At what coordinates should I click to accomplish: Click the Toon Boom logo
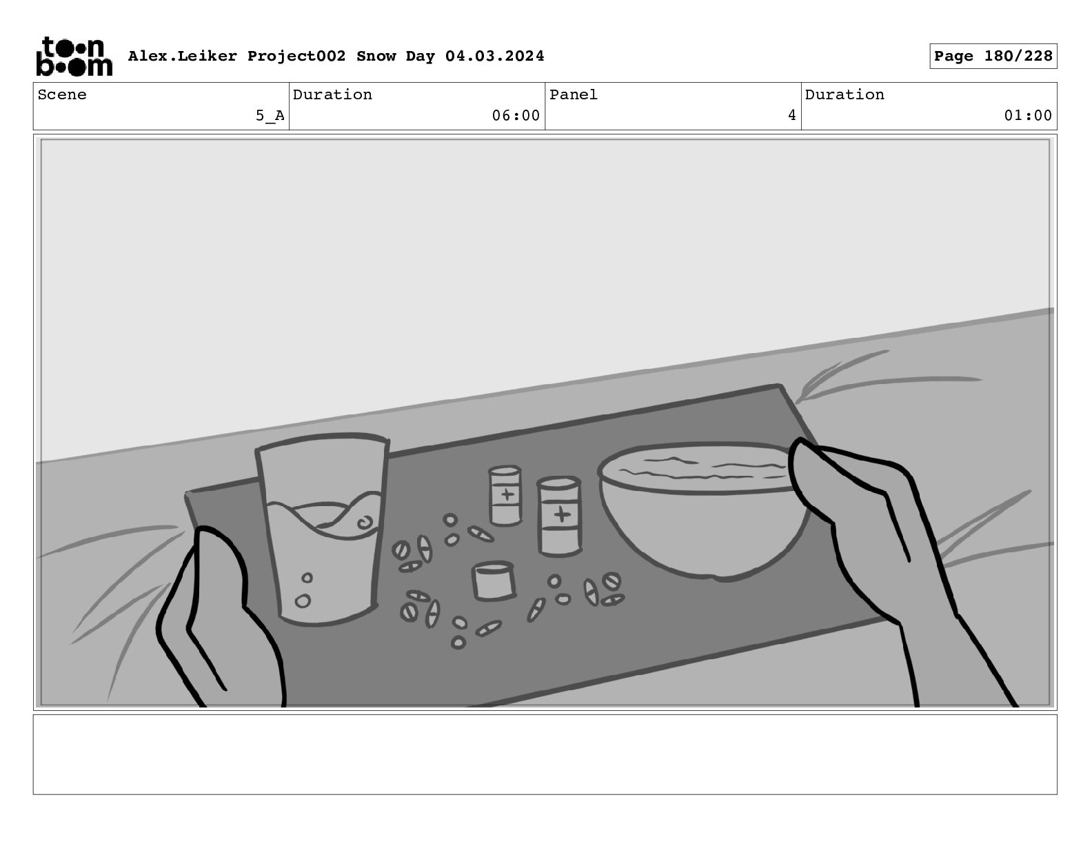coord(74,57)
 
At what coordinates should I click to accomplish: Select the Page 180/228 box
coord(993,57)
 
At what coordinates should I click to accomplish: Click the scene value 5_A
coord(270,116)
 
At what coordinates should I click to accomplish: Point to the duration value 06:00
coord(516,116)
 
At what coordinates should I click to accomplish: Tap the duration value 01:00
coord(1028,116)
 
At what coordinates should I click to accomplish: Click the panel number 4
coord(792,116)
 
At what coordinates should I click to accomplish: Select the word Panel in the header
coord(574,94)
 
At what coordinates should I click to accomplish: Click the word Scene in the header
coord(62,94)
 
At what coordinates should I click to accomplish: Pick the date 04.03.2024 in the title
coord(494,56)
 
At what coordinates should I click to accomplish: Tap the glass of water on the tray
coord(323,530)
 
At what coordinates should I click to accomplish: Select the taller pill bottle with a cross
coord(559,516)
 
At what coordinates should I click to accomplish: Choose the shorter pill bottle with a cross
coord(505,496)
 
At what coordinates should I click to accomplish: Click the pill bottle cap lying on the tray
coord(494,581)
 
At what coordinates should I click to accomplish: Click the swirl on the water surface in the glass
coord(365,523)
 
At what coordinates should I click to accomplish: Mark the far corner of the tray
coord(780,385)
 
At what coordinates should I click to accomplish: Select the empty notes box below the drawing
coord(545,754)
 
